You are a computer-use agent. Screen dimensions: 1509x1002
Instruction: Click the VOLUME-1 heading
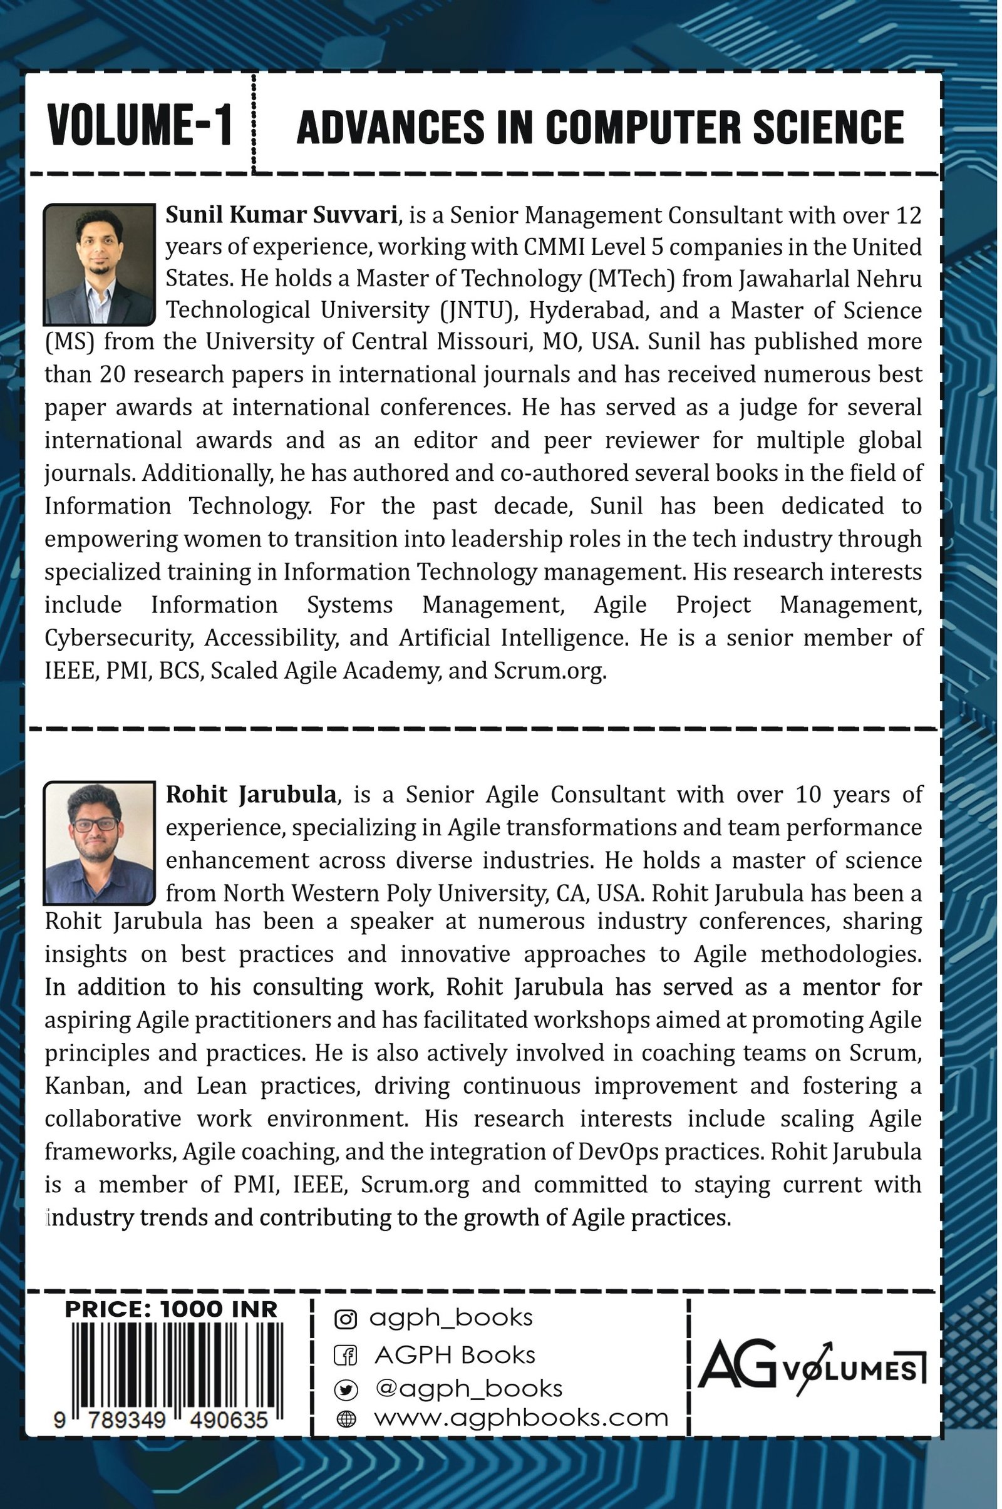click(x=139, y=126)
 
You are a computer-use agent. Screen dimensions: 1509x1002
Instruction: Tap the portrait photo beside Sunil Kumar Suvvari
click(x=100, y=264)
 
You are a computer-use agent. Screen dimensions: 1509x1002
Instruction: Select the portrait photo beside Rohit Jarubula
click(x=100, y=843)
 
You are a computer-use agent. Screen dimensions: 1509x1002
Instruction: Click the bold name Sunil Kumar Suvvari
click(x=282, y=215)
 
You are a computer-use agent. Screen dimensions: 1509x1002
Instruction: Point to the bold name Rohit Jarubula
click(x=251, y=795)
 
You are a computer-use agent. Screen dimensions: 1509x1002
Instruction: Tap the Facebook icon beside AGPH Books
click(x=346, y=1355)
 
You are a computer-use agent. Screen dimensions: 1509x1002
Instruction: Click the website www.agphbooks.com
click(x=521, y=1418)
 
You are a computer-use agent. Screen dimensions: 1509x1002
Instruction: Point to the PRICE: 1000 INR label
click(x=171, y=1310)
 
